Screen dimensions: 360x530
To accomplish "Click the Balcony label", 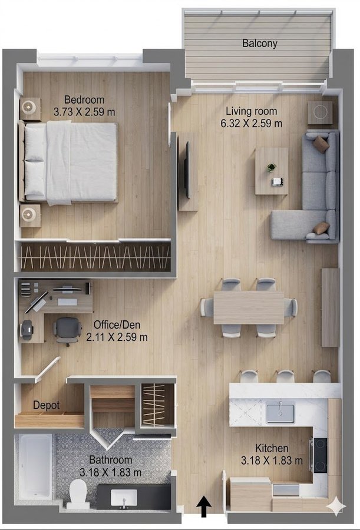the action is click(x=259, y=43).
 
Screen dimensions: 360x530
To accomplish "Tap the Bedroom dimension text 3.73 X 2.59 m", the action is click(x=84, y=112).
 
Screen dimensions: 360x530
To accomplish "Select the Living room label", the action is click(x=252, y=111).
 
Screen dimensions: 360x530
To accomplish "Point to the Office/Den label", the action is click(x=117, y=325).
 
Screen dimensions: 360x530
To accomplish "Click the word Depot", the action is click(x=47, y=405).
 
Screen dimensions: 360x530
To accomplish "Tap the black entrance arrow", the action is click(x=204, y=506).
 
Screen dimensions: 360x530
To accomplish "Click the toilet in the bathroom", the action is click(x=78, y=494).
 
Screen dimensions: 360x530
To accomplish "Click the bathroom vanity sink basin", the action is click(x=124, y=498).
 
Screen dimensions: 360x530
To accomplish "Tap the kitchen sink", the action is click(x=280, y=412).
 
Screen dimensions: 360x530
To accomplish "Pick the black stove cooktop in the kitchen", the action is click(x=320, y=455).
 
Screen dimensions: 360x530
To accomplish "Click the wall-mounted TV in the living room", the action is click(x=187, y=170).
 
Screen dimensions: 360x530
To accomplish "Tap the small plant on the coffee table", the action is click(x=271, y=167).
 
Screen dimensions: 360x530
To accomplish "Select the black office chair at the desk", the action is click(x=67, y=331).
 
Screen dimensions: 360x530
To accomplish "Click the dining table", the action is click(x=249, y=307).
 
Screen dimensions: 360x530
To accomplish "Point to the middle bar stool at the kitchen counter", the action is click(x=286, y=376).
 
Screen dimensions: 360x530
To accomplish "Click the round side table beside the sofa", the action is click(x=320, y=112).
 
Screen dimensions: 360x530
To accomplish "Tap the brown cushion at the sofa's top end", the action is click(x=321, y=144).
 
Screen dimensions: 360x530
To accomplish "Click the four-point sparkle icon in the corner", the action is click(x=336, y=506).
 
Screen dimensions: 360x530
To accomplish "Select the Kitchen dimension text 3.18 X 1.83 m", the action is click(x=272, y=460).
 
